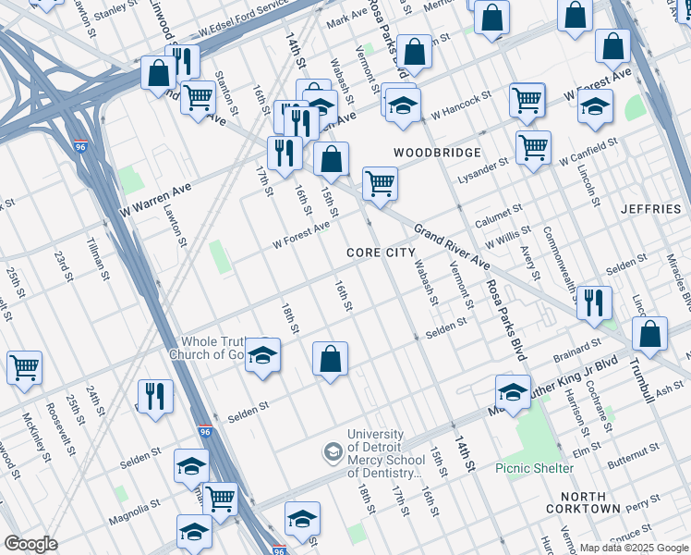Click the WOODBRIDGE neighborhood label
(437, 153)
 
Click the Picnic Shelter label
(534, 468)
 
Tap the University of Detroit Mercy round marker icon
(332, 452)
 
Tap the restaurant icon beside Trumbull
(594, 302)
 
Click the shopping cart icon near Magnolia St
(220, 499)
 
